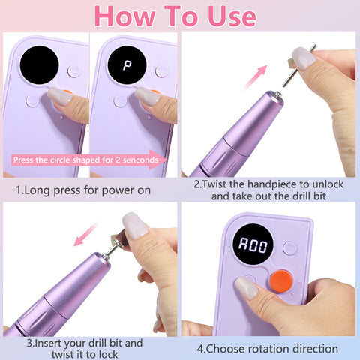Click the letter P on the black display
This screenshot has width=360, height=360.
pyautogui.click(x=127, y=65)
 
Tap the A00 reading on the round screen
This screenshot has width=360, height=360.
pyautogui.click(x=253, y=244)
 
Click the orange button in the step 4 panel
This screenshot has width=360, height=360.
pyautogui.click(x=281, y=281)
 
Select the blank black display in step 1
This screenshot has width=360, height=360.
pyautogui.click(x=39, y=65)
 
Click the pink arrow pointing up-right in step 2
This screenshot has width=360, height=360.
pyautogui.click(x=255, y=77)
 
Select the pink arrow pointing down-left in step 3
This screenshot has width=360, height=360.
pyautogui.click(x=86, y=234)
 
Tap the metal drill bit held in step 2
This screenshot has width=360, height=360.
pyautogui.click(x=299, y=65)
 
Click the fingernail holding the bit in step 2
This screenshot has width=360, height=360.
pyautogui.click(x=304, y=58)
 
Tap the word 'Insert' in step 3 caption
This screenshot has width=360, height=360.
pyautogui.click(x=48, y=343)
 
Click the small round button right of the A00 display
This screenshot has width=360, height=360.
pyautogui.click(x=290, y=247)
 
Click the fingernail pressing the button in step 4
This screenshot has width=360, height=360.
pyautogui.click(x=246, y=288)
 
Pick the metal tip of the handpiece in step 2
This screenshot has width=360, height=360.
pyautogui.click(x=277, y=95)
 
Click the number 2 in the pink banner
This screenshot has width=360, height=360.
pyautogui.click(x=118, y=160)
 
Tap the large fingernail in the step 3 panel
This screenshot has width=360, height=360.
pyautogui.click(x=135, y=226)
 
